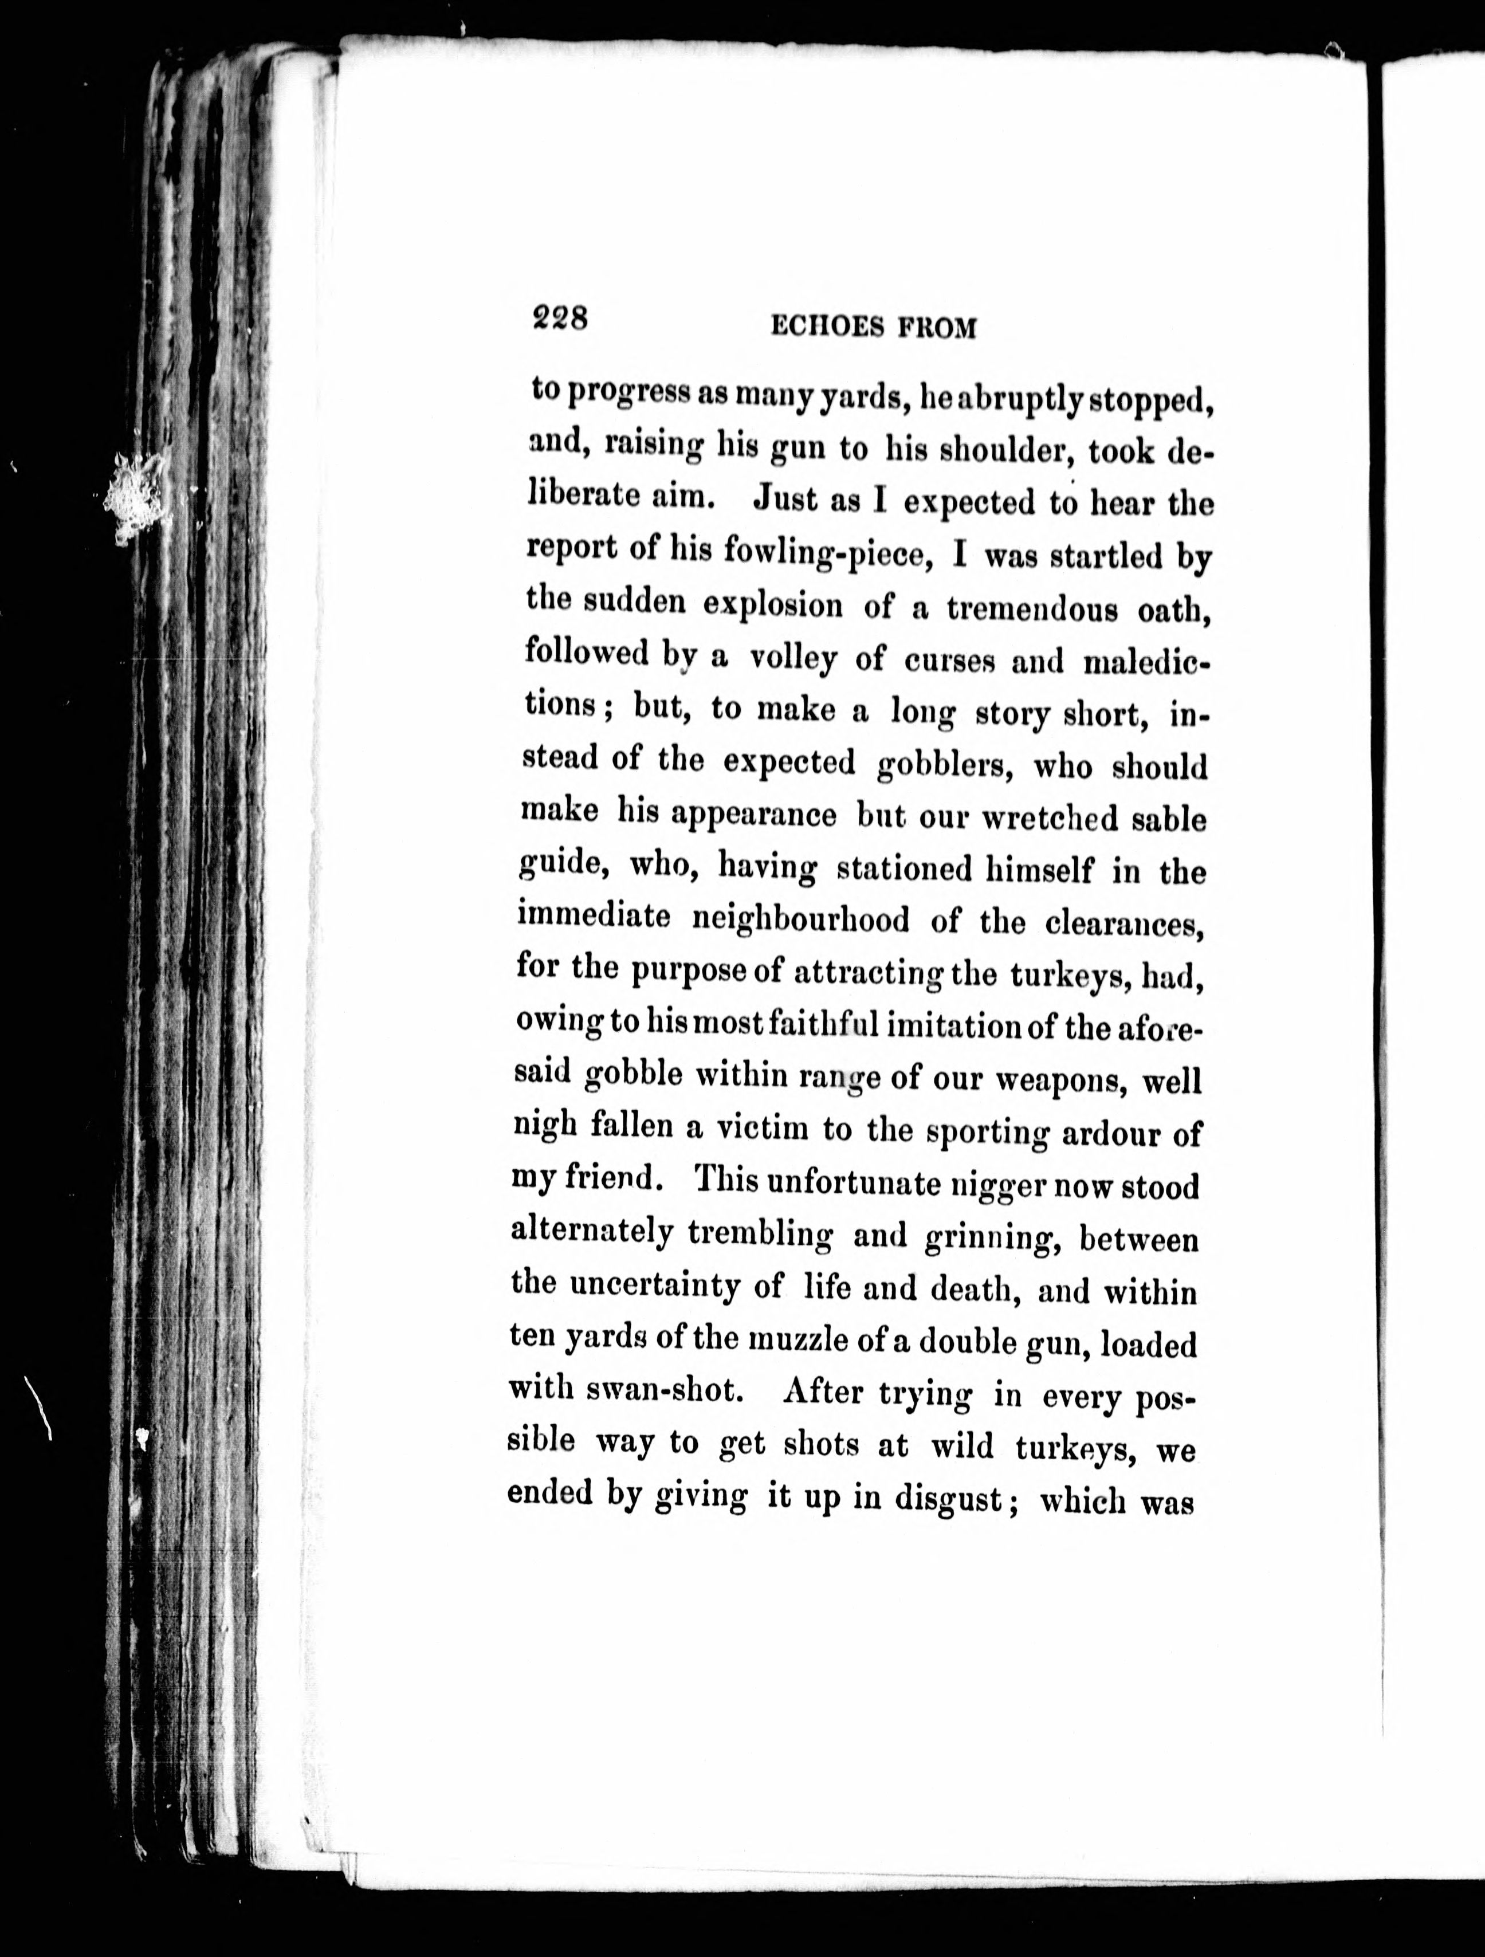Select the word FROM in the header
click(x=937, y=328)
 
